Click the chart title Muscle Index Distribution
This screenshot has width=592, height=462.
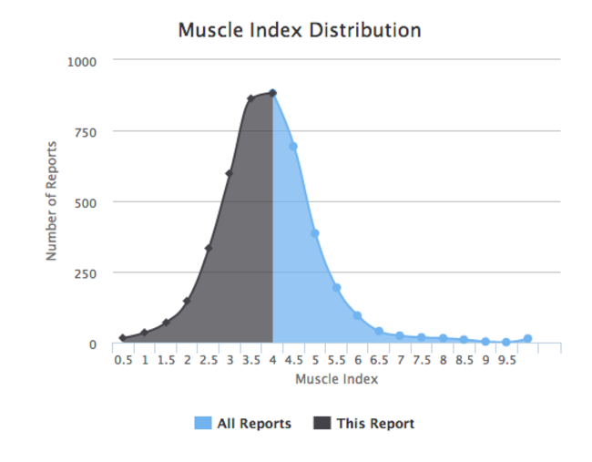299,30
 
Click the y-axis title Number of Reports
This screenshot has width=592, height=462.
52,201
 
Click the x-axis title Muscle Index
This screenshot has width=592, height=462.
336,379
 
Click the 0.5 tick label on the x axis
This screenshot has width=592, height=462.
123,360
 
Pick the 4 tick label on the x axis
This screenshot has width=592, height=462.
272,360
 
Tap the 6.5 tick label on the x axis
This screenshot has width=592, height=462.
379,360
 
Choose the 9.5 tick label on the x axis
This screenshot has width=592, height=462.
506,360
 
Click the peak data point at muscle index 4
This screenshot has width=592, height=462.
272,93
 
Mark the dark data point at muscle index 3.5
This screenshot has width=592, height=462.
250,98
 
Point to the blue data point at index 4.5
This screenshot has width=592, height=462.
293,146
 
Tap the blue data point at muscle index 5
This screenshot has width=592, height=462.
315,233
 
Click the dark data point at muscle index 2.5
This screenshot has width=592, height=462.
209,248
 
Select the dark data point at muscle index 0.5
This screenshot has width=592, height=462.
123,338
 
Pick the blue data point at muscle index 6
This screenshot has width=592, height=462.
357,315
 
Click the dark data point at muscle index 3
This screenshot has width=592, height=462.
230,173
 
